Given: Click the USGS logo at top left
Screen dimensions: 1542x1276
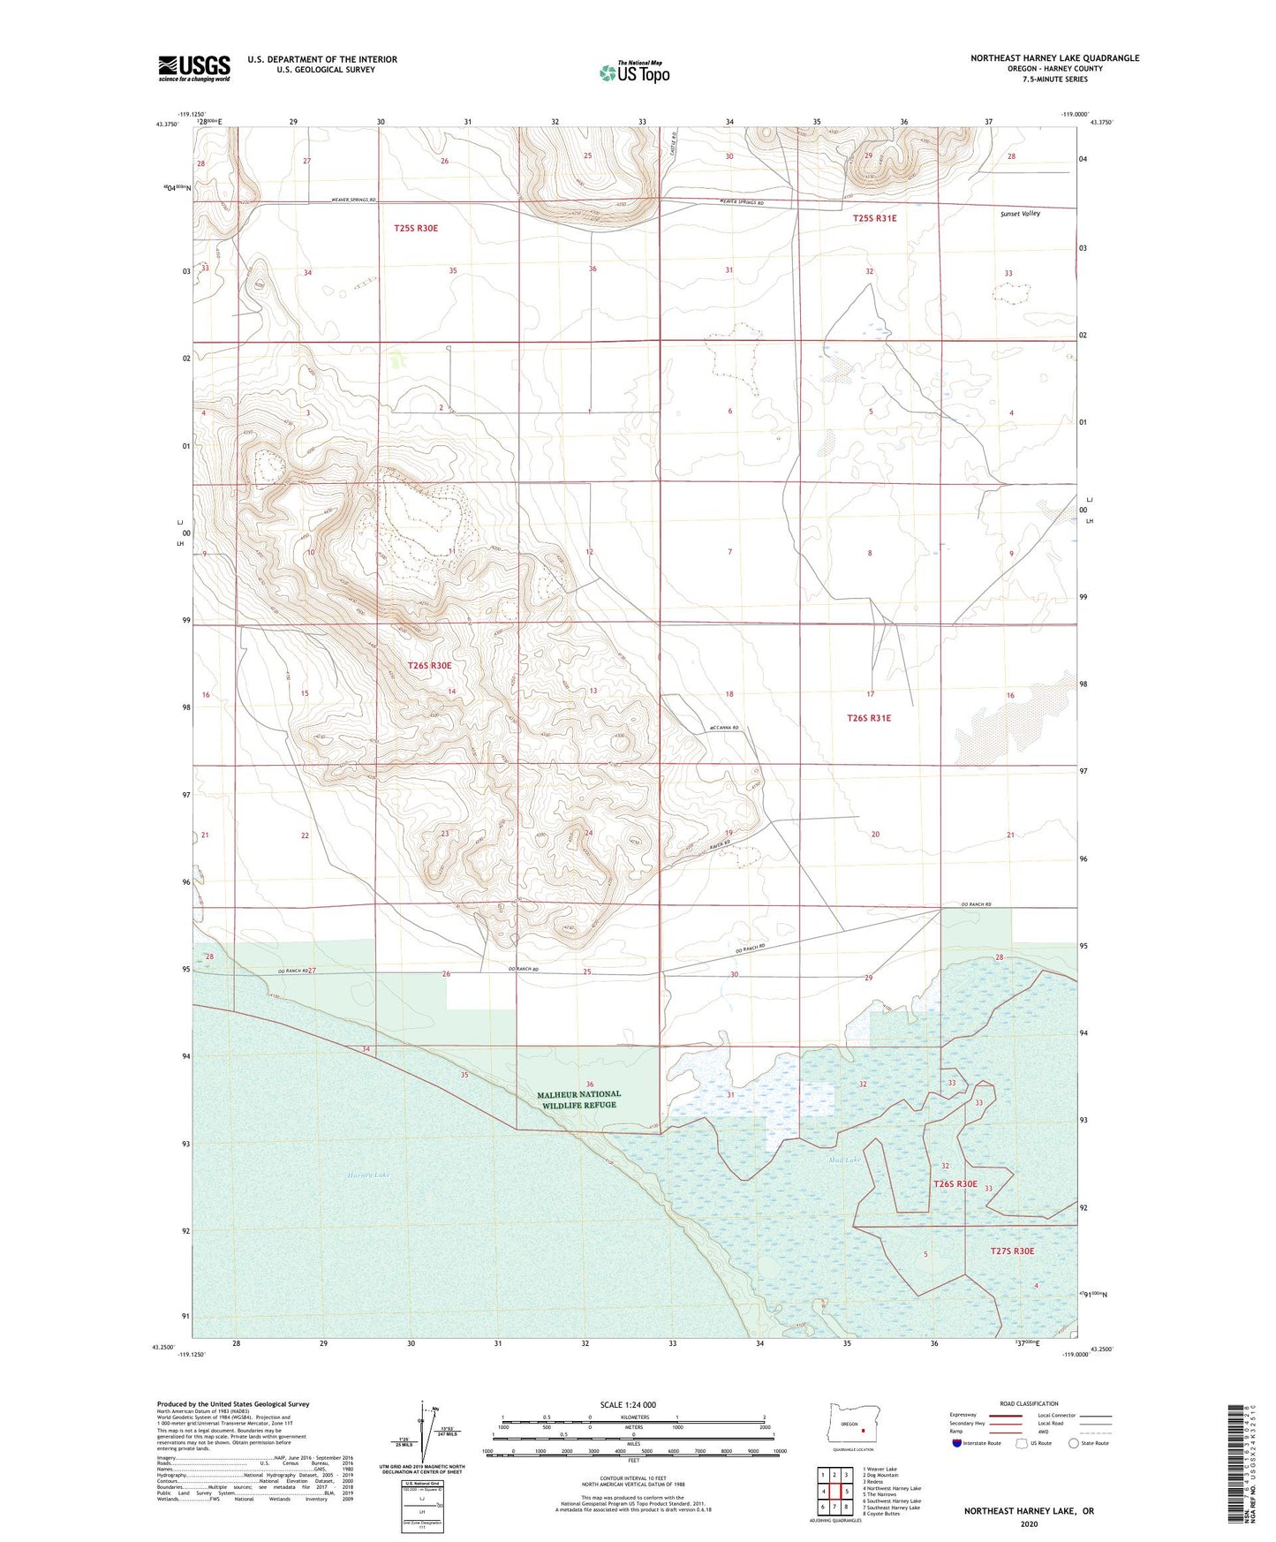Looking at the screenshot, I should tap(194, 68).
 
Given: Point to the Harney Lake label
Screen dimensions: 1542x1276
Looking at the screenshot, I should tap(368, 1175).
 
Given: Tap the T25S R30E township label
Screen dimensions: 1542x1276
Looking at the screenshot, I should tap(415, 228).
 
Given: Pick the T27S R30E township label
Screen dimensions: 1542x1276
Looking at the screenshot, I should tap(1011, 1251).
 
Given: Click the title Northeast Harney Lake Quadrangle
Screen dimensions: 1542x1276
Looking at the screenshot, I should tap(1054, 58).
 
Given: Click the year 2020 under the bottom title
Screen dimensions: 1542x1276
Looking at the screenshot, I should tap(1028, 1523).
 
